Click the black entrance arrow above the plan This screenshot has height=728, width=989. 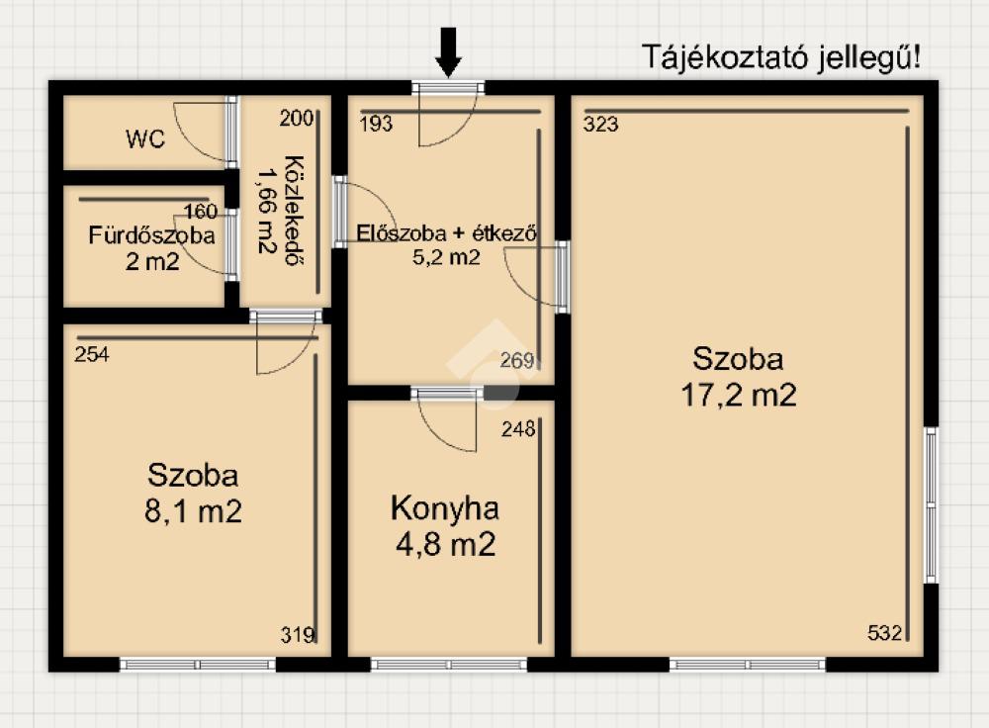[x=448, y=52]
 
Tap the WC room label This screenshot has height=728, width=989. [x=145, y=138]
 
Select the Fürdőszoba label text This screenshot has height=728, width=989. [x=151, y=235]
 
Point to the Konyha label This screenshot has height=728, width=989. [x=445, y=508]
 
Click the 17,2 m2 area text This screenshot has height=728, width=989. [x=739, y=396]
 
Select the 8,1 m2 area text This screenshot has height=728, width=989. [x=193, y=511]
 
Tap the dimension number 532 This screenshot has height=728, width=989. [x=884, y=632]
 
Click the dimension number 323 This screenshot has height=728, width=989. [x=600, y=125]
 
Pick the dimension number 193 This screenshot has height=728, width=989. [x=376, y=124]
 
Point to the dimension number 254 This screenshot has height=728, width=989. [x=91, y=354]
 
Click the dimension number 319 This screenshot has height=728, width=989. [x=297, y=635]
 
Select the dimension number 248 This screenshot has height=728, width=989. [x=518, y=429]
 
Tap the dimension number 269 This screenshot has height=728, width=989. [x=517, y=360]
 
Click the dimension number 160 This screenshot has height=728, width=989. [x=201, y=212]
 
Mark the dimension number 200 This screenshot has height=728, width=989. [x=296, y=118]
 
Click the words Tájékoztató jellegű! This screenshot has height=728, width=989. [x=781, y=57]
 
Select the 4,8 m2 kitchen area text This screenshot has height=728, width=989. [x=446, y=544]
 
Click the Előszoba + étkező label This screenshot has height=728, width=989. [x=447, y=233]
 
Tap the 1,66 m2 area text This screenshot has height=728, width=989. [x=267, y=210]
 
